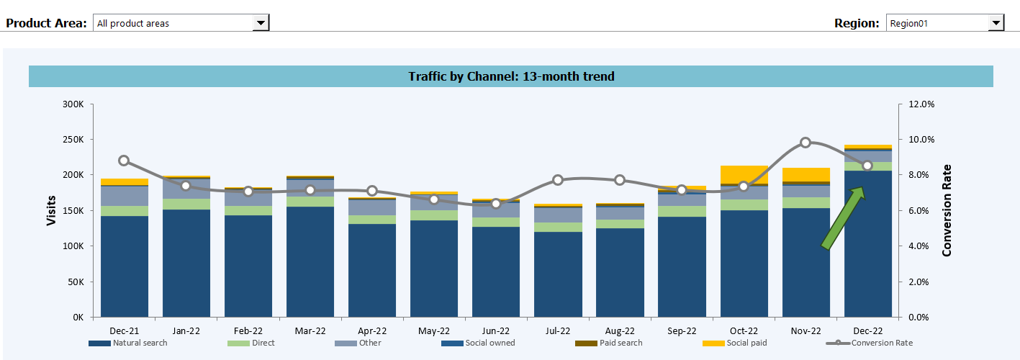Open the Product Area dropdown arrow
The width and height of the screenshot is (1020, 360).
tap(261, 23)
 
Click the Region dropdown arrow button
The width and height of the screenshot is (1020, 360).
tap(996, 23)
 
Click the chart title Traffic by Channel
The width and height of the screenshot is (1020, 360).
tap(511, 76)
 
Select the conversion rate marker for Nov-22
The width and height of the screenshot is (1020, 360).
tap(805, 143)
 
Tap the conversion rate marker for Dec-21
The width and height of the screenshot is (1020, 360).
tap(124, 161)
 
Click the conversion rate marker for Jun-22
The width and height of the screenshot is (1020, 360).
tap(496, 204)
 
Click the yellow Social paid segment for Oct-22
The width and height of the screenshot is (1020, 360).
tap(744, 174)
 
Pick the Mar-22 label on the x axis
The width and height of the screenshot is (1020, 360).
tap(310, 331)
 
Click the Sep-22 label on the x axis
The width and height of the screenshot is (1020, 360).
tap(682, 331)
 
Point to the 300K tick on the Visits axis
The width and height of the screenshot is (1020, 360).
tap(73, 104)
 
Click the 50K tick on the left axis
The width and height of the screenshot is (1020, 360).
tap(76, 282)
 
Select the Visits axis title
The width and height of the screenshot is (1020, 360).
tap(51, 210)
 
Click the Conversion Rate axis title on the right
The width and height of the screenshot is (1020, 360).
tap(947, 210)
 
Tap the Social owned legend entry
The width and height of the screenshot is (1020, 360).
tap(489, 343)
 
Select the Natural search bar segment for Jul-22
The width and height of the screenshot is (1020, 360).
tap(558, 274)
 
